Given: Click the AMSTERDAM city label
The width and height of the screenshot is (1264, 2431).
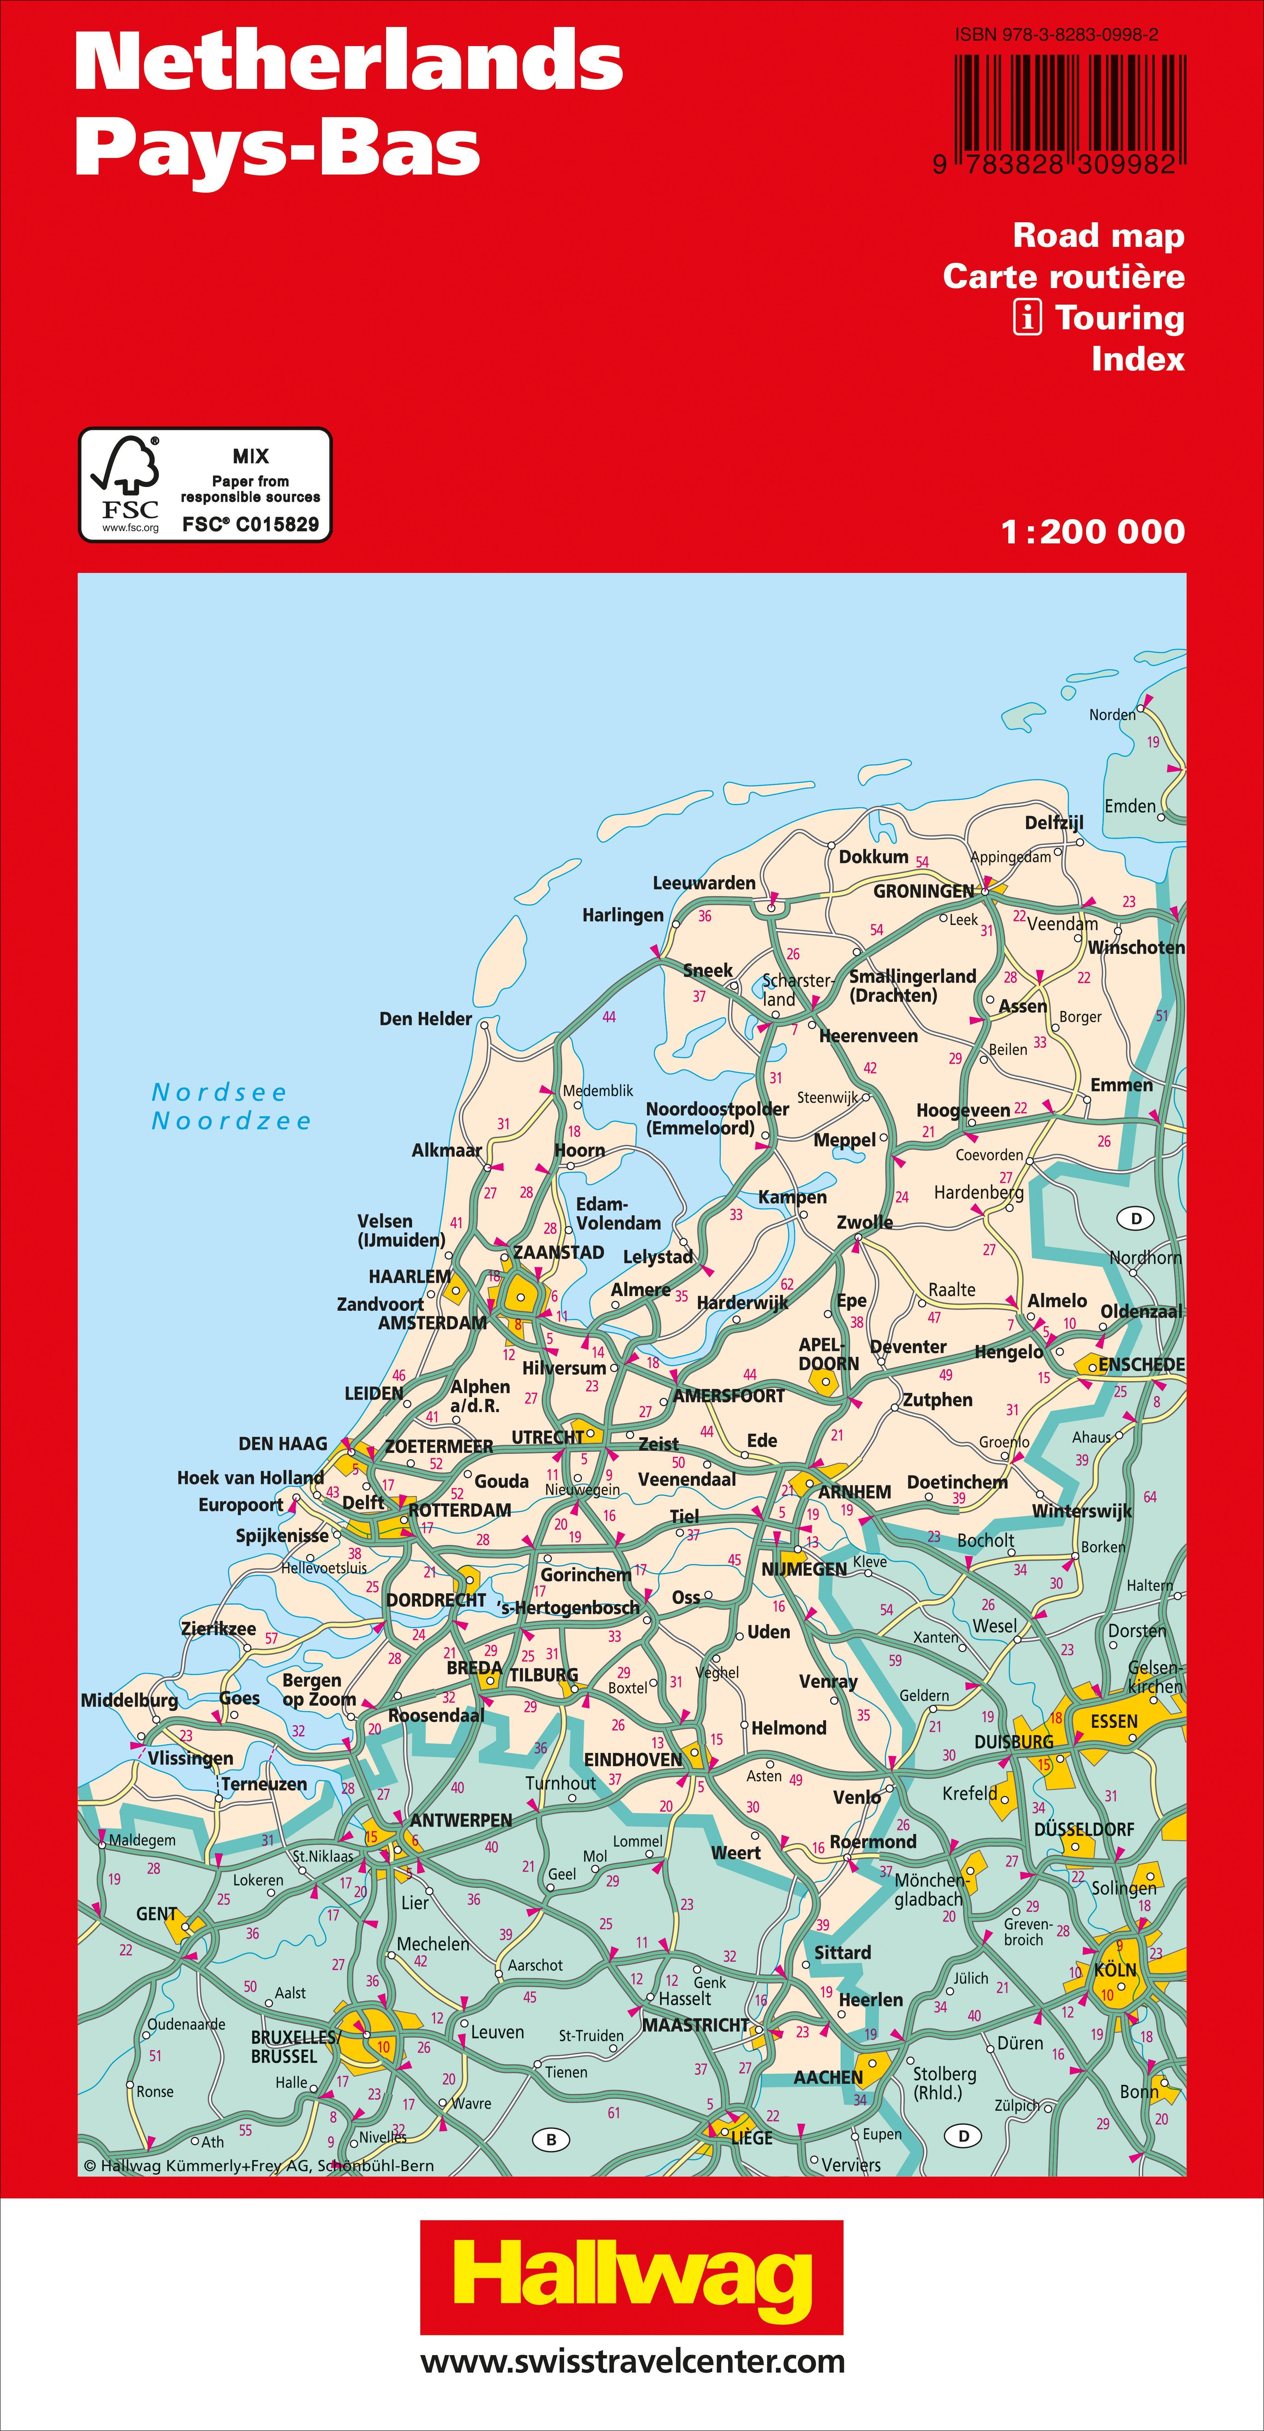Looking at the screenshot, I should tap(432, 1323).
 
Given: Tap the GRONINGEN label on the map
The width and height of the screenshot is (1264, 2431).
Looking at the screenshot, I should tap(923, 891).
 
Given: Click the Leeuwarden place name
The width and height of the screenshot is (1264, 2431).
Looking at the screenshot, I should tap(704, 883).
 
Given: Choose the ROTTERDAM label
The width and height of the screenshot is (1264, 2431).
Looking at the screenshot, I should tap(459, 1510).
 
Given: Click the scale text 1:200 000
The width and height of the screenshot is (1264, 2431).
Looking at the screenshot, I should tap(1092, 532).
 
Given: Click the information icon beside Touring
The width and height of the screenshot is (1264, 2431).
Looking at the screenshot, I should tap(1027, 318).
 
